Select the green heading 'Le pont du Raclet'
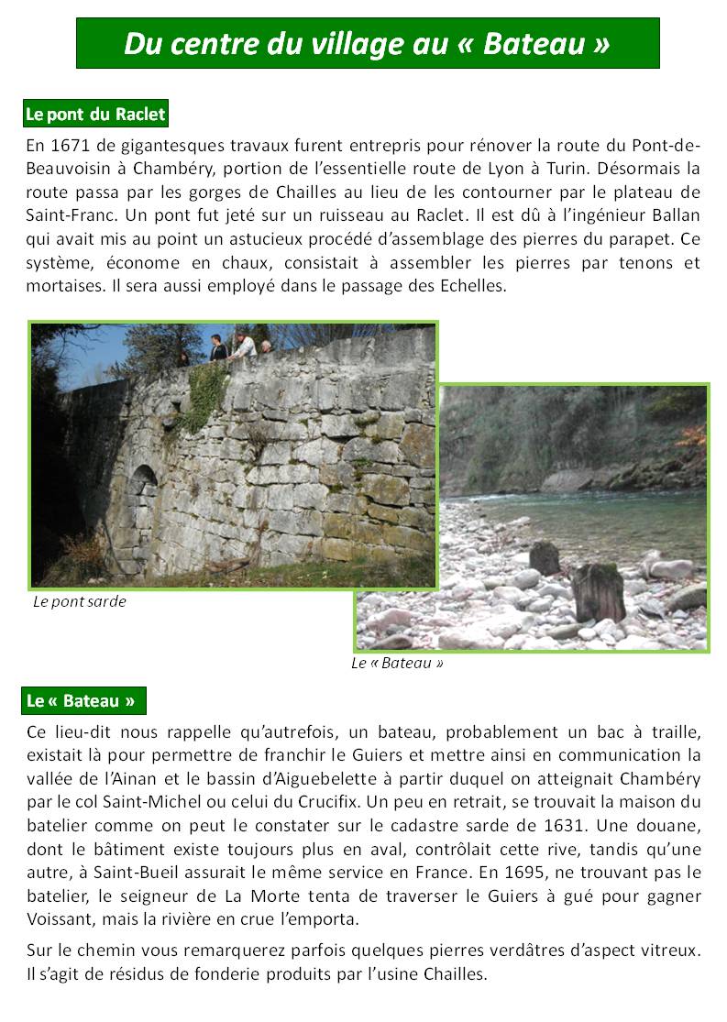95,115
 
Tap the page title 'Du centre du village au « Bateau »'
367,42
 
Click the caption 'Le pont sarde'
79,602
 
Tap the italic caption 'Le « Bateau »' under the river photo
397,663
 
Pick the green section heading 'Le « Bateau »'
83,701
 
